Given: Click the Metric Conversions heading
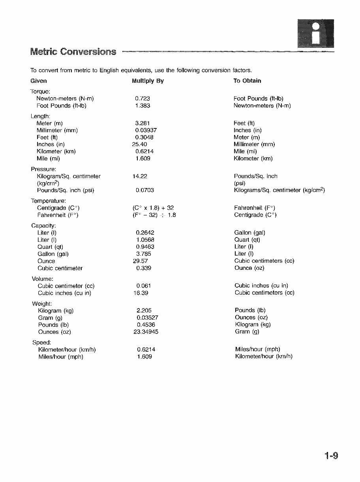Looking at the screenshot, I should [x=73, y=52].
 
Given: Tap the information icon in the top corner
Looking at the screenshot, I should [x=315, y=33].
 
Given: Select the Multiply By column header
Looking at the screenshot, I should [x=148, y=81].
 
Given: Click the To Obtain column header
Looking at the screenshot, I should [x=247, y=81].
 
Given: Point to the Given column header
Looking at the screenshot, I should [x=39, y=81].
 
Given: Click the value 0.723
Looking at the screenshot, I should [x=142, y=98].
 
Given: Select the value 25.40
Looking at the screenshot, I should [x=140, y=144].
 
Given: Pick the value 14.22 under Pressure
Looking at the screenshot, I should [x=140, y=176].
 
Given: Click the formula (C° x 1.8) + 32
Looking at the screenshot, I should [x=153, y=208].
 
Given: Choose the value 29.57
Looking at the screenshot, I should [x=140, y=261].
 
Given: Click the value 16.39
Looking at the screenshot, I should [x=140, y=293].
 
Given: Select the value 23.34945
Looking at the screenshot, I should [x=146, y=332].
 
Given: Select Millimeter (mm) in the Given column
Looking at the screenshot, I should [x=57, y=130].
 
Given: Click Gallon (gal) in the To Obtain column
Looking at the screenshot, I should [x=249, y=233].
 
